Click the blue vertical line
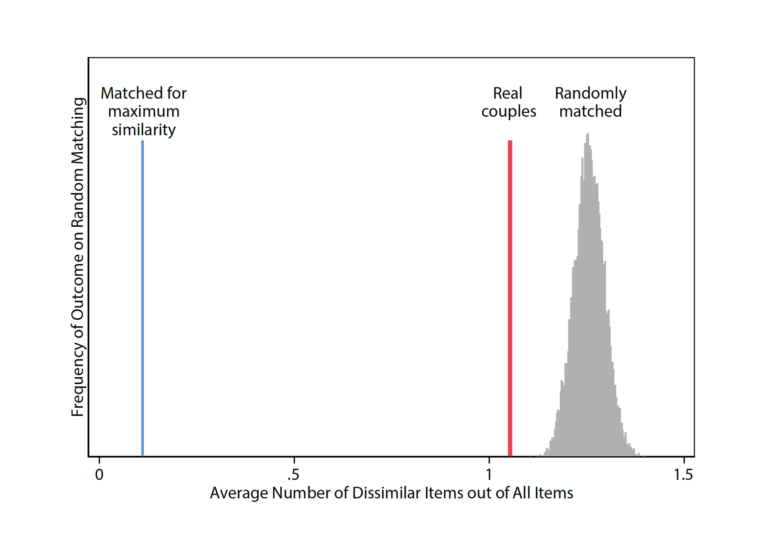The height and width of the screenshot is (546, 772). point(143,298)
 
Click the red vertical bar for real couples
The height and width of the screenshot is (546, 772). point(510,298)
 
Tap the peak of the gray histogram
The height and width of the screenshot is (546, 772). point(588,134)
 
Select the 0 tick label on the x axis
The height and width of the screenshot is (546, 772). point(99,474)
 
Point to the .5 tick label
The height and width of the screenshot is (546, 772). point(293,474)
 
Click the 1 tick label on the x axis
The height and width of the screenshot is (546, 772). point(489,474)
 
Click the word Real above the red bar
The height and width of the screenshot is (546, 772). point(507,93)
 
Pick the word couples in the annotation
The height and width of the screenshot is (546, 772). point(508,112)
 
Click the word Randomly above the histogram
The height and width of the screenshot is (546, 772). point(591,93)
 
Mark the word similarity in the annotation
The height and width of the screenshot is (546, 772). point(144,130)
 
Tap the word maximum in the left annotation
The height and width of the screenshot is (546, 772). point(144,112)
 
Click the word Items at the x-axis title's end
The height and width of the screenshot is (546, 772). point(554,493)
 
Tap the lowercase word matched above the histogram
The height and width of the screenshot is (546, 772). point(590,111)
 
